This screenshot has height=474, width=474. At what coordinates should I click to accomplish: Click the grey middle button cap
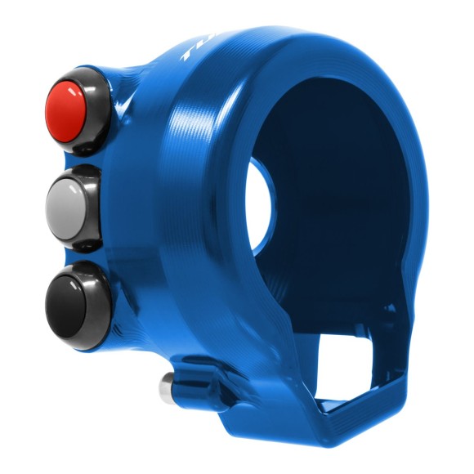coord(72,199)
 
